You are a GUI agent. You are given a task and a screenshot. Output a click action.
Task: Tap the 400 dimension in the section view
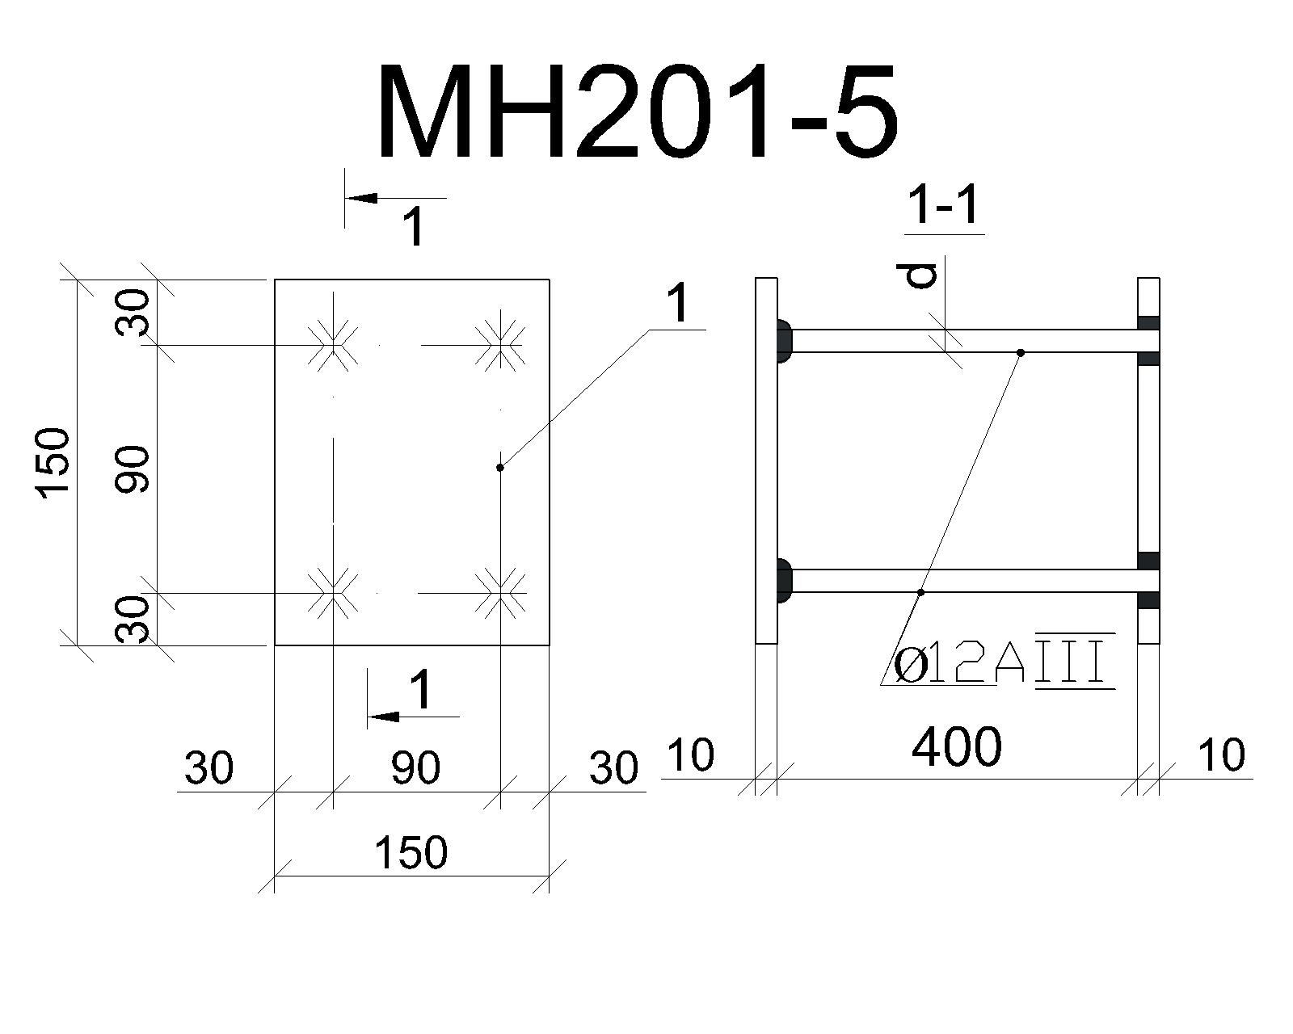[957, 747]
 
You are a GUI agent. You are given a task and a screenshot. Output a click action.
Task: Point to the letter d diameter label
[920, 275]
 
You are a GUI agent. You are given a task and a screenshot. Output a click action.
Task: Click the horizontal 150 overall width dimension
[411, 852]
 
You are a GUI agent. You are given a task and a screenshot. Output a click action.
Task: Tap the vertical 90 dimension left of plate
[132, 470]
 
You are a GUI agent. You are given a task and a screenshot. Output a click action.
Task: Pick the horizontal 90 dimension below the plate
[415, 768]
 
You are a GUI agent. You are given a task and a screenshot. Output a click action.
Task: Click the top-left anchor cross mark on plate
[333, 346]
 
